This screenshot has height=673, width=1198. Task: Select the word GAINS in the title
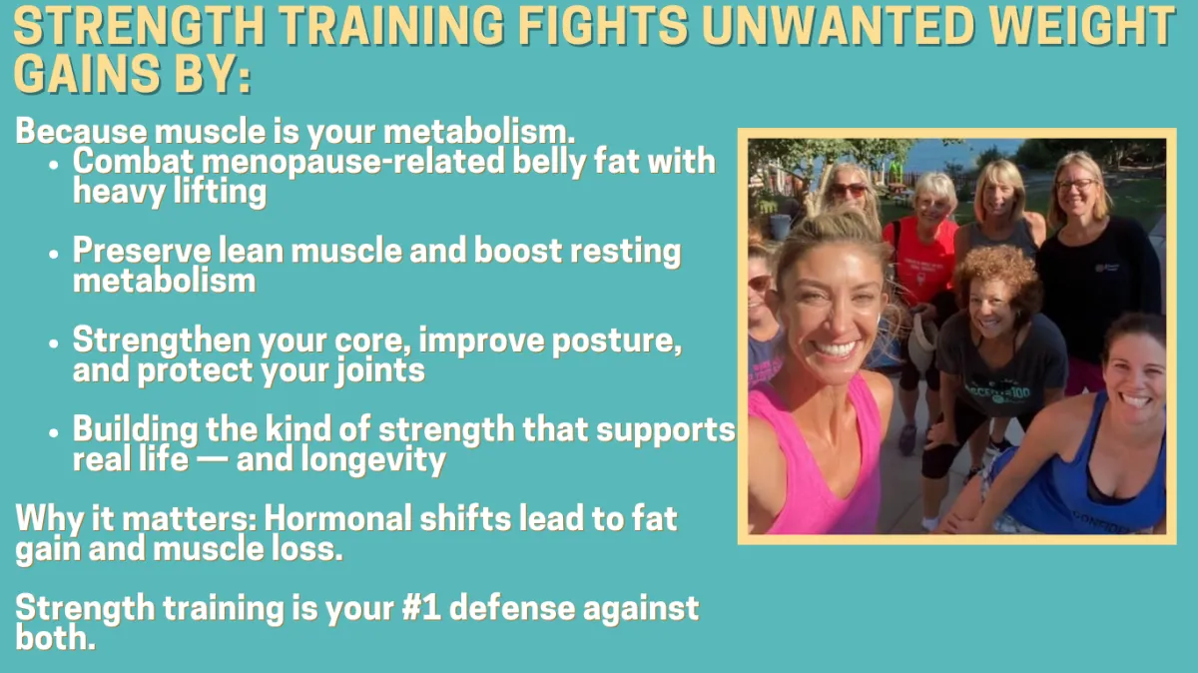pyautogui.click(x=87, y=73)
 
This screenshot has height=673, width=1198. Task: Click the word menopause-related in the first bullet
pyautogui.click(x=353, y=161)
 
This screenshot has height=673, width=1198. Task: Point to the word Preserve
pyautogui.click(x=142, y=251)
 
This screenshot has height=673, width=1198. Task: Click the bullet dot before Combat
pyautogui.click(x=53, y=164)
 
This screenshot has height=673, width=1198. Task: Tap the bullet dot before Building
pyautogui.click(x=53, y=432)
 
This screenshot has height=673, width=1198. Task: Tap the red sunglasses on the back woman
pyautogui.click(x=849, y=190)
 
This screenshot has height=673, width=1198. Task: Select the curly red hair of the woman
pyautogui.click(x=998, y=273)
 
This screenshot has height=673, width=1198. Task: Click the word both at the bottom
pyautogui.click(x=55, y=638)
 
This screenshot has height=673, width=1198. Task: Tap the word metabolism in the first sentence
pyautogui.click(x=478, y=131)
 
